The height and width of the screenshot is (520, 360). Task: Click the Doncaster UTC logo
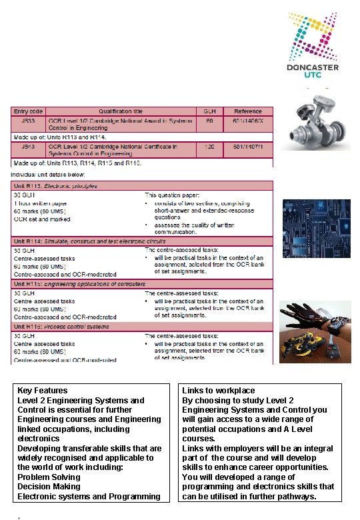[313, 45]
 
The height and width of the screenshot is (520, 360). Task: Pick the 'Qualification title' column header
[121, 111]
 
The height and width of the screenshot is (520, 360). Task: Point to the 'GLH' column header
[209, 111]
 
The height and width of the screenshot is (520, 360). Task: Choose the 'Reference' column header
[248, 111]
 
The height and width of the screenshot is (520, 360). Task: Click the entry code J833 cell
[27, 121]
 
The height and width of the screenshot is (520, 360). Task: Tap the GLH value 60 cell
[209, 121]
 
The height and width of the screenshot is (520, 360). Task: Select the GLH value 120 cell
[209, 145]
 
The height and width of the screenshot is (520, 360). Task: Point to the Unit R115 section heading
[80, 284]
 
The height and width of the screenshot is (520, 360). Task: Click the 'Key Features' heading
[42, 391]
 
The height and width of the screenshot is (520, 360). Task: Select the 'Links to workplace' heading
[219, 391]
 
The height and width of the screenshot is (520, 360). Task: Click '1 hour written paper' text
[41, 203]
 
